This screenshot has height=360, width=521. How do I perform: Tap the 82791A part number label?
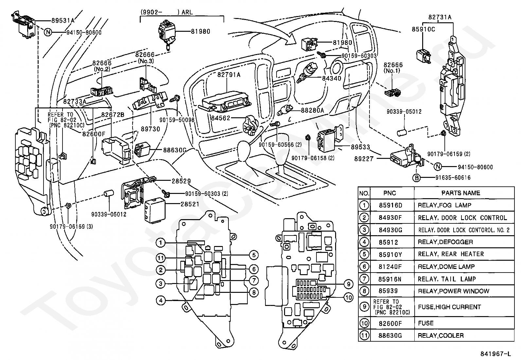pos(229,75)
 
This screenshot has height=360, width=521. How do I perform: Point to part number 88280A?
pos(312,110)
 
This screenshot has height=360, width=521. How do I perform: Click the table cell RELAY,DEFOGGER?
pos(445,242)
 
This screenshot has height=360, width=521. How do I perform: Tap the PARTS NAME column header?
pos(460,193)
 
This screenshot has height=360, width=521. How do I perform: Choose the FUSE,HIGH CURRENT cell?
pos(449,307)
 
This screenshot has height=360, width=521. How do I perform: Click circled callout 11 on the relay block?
pos(160,258)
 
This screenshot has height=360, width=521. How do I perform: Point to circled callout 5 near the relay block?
pos(253,255)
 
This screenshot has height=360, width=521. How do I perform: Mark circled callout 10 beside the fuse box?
pos(349,297)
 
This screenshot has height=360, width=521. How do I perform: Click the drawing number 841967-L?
pos(495,354)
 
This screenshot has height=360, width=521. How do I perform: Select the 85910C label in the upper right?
pos(423,29)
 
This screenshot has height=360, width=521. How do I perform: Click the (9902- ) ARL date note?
pos(167,12)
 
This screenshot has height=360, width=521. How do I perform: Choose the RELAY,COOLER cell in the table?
pos(440,335)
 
